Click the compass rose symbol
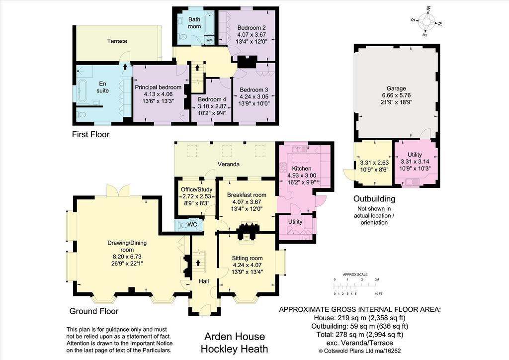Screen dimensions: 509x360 [x=426, y=22]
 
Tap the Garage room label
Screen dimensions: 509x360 [x=396, y=89]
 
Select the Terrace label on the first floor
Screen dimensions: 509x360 [x=117, y=41]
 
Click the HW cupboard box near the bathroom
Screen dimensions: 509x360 [x=209, y=40]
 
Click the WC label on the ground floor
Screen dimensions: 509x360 [x=192, y=224]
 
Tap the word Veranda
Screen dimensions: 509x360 [x=229, y=164]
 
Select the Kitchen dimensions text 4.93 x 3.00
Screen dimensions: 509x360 [x=302, y=176]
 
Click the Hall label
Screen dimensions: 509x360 [x=204, y=281]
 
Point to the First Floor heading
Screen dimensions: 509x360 [x=90, y=134]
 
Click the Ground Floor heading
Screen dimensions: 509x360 [x=94, y=311]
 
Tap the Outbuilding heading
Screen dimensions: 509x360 [x=374, y=199]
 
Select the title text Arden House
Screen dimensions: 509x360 [x=235, y=336]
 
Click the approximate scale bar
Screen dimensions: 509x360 [x=355, y=286]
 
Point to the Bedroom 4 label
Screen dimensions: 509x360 [x=212, y=99]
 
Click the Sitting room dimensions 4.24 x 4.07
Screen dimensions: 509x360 [x=248, y=265]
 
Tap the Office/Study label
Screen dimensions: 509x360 [x=197, y=189]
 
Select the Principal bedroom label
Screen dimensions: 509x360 [x=158, y=87]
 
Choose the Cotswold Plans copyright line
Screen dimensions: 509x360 [x=360, y=351]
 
